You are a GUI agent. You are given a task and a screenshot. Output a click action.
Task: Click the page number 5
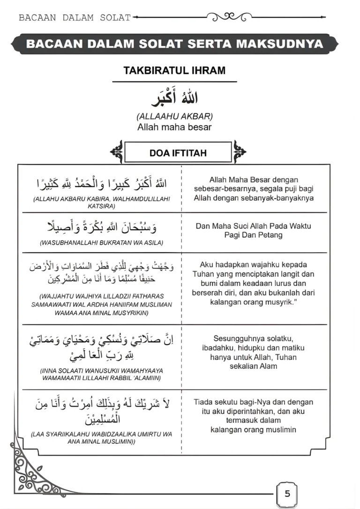point(287,494)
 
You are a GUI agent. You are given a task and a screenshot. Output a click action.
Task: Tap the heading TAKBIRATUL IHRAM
point(174,71)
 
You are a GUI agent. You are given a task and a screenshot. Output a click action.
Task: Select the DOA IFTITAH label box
point(178,153)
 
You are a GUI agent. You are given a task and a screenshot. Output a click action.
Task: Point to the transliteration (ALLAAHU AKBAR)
point(174,117)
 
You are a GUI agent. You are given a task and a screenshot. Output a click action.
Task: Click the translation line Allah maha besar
point(174,127)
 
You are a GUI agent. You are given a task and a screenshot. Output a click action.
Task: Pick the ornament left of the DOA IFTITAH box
point(117,152)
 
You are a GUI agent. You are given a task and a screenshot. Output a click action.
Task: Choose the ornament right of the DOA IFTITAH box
point(239,151)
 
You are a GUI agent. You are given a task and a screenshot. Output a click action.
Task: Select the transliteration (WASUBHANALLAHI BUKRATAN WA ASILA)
point(102,243)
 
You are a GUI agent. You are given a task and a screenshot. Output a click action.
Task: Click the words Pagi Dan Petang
point(253,235)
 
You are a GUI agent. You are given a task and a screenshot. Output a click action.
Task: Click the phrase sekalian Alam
point(253,366)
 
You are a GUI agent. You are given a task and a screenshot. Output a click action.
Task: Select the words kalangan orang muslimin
point(253,429)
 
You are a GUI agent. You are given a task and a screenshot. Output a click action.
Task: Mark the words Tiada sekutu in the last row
point(214,402)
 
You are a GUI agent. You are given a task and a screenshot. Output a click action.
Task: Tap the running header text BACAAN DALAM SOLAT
point(75,18)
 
